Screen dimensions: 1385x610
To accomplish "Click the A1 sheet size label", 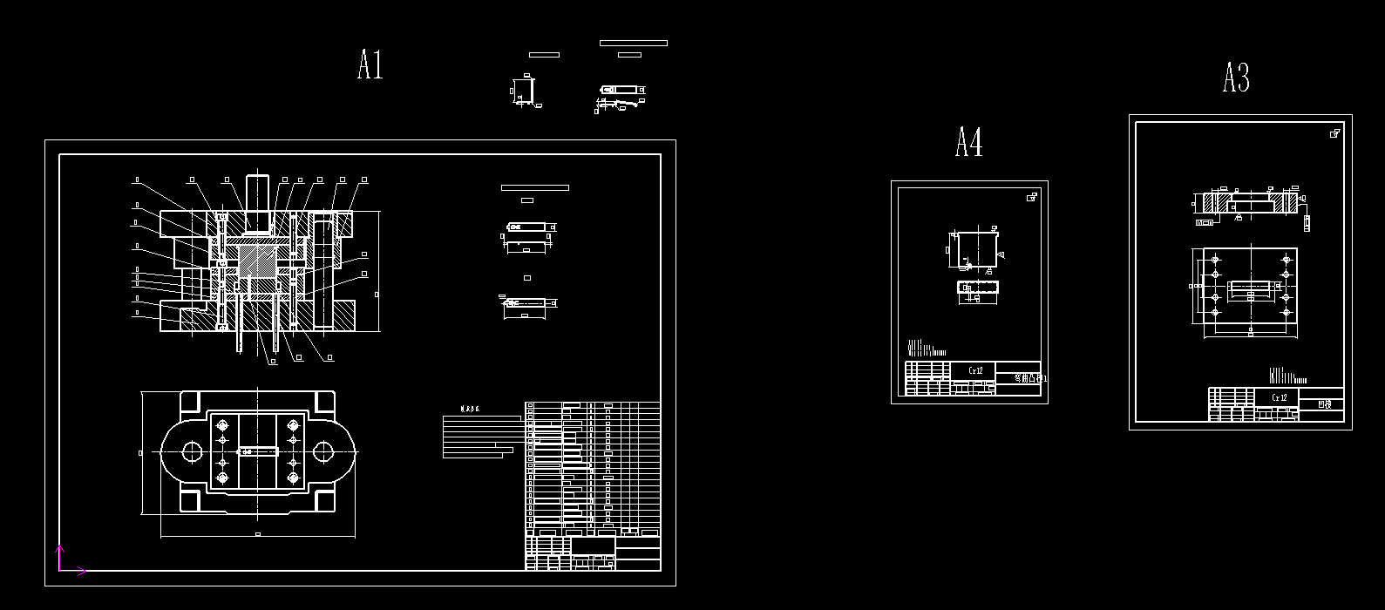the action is point(370,65).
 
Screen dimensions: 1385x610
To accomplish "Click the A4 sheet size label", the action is point(968,142).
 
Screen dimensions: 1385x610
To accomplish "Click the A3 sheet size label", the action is point(1236,78).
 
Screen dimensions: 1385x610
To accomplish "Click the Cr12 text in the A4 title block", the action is point(975,370).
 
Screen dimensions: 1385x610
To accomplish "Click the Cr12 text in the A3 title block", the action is point(1280,397).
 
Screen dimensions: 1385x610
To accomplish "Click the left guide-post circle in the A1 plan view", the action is point(192,451).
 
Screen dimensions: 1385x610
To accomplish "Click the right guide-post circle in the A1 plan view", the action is point(322,451).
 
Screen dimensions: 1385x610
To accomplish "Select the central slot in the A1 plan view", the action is point(258,451).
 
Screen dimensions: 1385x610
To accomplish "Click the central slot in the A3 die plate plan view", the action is point(1250,288).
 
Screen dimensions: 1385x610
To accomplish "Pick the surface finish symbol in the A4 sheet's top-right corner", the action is point(1032,197).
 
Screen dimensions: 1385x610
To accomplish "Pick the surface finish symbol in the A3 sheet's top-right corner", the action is point(1334,133).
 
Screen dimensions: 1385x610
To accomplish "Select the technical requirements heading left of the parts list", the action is point(471,409).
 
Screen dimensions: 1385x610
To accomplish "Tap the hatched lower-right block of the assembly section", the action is point(341,315).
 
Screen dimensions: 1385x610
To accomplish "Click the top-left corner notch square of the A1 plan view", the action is point(189,401).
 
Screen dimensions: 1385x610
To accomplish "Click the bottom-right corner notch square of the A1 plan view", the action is point(325,502).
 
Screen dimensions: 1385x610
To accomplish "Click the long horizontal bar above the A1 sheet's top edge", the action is point(633,43).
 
